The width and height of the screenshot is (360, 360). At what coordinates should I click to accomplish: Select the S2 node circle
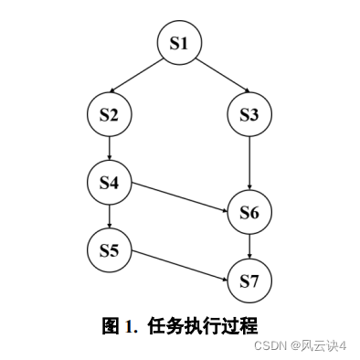click(x=110, y=116)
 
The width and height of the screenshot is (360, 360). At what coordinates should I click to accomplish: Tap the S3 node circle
click(x=250, y=116)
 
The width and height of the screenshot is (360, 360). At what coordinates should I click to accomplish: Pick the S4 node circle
click(x=110, y=181)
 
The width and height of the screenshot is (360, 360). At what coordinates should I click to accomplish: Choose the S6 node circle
click(x=250, y=213)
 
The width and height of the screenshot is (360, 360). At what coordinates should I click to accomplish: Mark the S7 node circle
click(x=250, y=280)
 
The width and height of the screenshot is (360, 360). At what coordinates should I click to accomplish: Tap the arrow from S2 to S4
click(x=110, y=148)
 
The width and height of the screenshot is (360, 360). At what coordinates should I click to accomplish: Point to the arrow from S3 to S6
click(x=250, y=164)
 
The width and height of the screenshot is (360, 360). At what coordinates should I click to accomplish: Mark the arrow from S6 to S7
click(x=250, y=246)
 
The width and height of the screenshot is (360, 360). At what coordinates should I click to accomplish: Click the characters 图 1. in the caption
click(x=119, y=324)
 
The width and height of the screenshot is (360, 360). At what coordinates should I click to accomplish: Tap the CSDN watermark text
click(x=272, y=345)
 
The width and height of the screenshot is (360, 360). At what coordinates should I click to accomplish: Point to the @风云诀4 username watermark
click(x=320, y=345)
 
